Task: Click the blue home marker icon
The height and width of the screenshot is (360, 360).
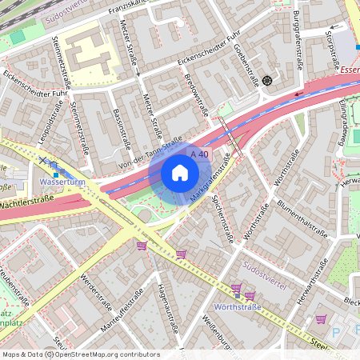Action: (180, 173)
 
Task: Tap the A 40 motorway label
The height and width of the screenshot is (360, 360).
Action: (199, 154)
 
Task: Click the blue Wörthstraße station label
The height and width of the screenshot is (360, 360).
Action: (238, 306)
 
